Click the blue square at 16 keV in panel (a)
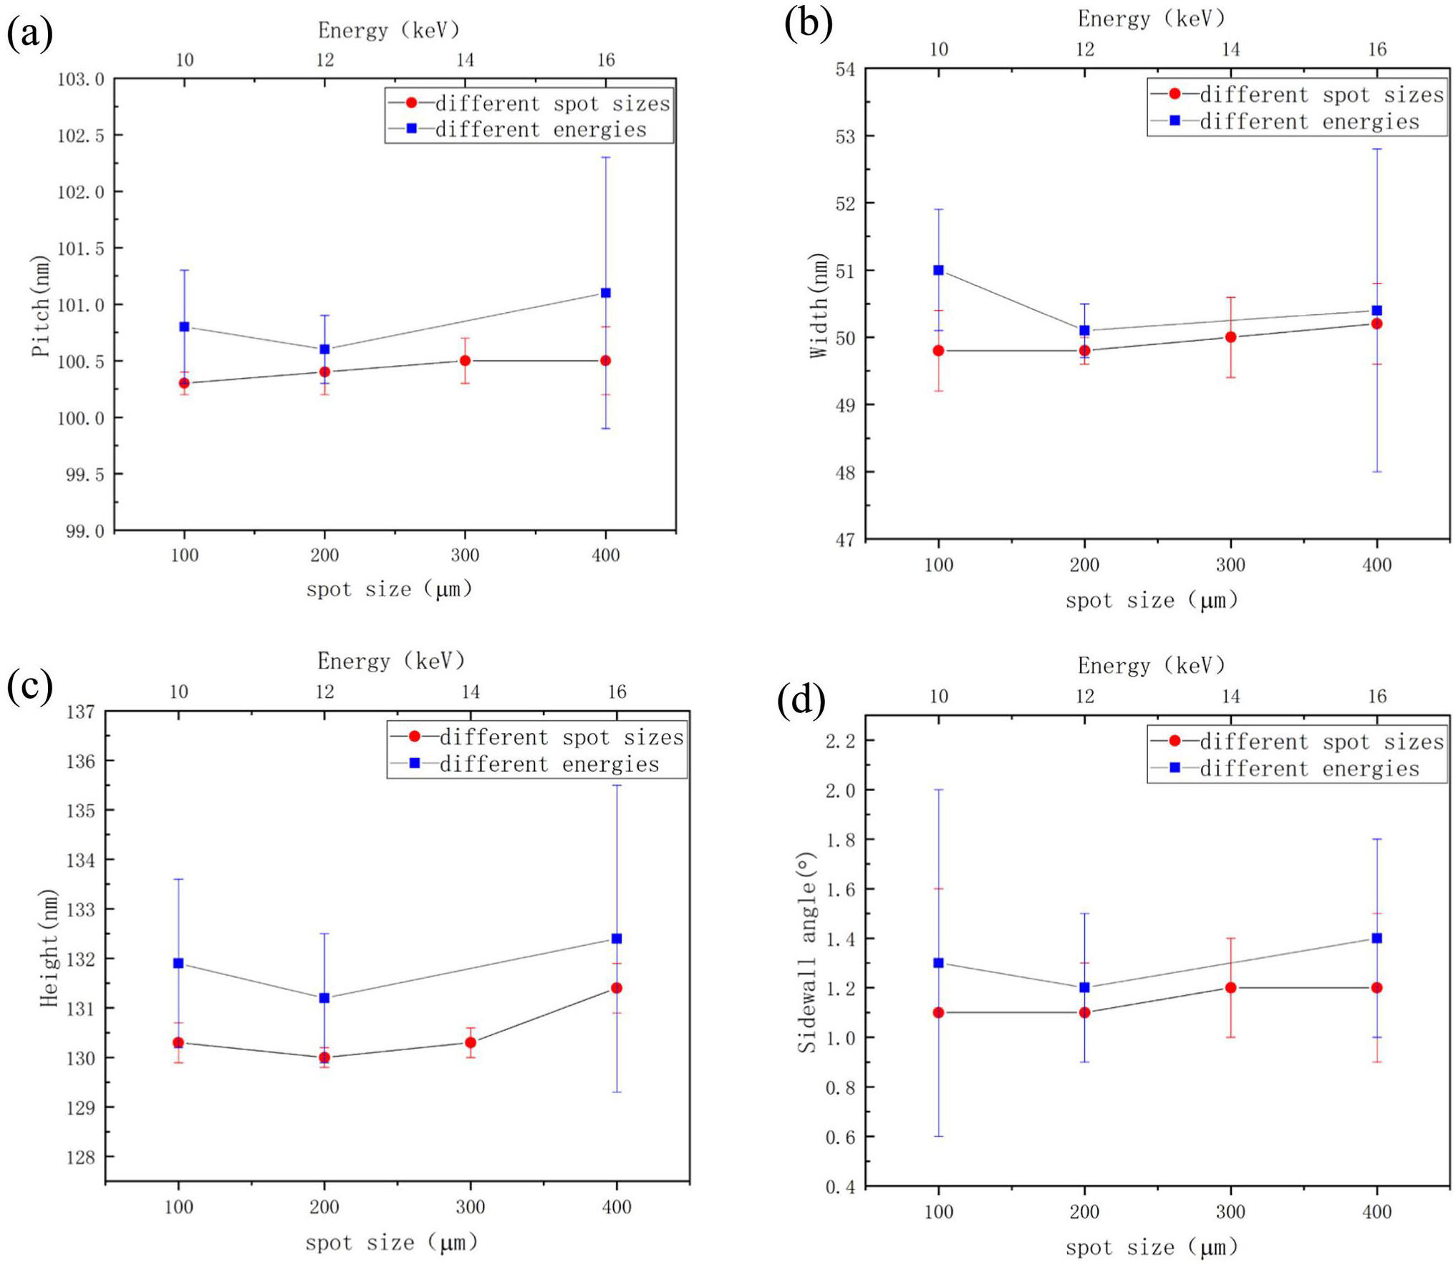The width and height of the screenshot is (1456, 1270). (x=606, y=293)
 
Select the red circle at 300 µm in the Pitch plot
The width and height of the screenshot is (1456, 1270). (x=465, y=361)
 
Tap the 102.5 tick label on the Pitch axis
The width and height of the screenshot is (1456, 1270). (x=81, y=135)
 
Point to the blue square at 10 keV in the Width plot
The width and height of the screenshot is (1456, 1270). (x=938, y=270)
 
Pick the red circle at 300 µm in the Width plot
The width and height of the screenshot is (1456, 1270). (x=1230, y=337)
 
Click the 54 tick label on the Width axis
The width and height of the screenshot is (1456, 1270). (x=845, y=69)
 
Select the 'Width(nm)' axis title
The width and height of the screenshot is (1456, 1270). (x=817, y=305)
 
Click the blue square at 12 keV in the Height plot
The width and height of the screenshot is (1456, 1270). (x=324, y=997)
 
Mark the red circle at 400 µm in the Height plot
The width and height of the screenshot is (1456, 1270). (x=617, y=988)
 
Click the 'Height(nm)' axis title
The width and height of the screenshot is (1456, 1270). (x=49, y=948)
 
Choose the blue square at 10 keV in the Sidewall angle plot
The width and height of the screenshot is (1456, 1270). (x=938, y=963)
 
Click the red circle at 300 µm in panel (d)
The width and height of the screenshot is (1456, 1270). (x=1230, y=987)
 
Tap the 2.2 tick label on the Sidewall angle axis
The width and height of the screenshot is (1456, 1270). (x=841, y=741)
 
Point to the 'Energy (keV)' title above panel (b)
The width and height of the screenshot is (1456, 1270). (x=1151, y=19)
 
